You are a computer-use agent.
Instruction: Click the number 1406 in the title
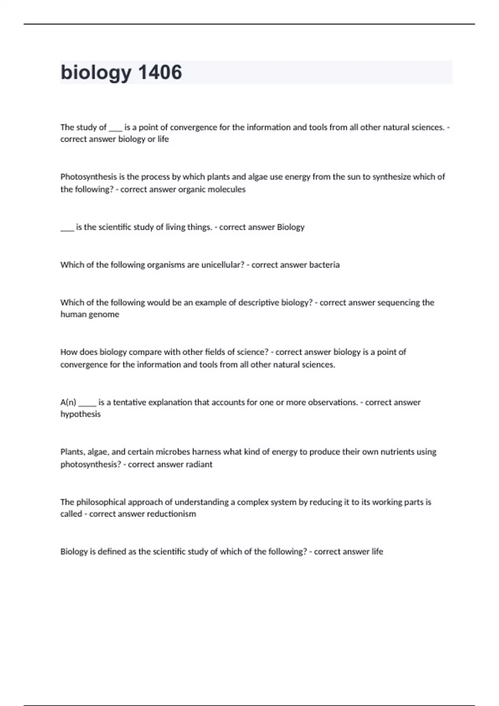pos(160,72)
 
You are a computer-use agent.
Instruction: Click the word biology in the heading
pos(96,73)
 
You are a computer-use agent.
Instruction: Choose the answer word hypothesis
pos(80,414)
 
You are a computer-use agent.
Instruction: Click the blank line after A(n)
pos(87,403)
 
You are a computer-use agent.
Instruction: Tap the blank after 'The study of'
pos(115,129)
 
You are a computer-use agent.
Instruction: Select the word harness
pos(207,452)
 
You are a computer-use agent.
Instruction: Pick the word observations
pos(333,402)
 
